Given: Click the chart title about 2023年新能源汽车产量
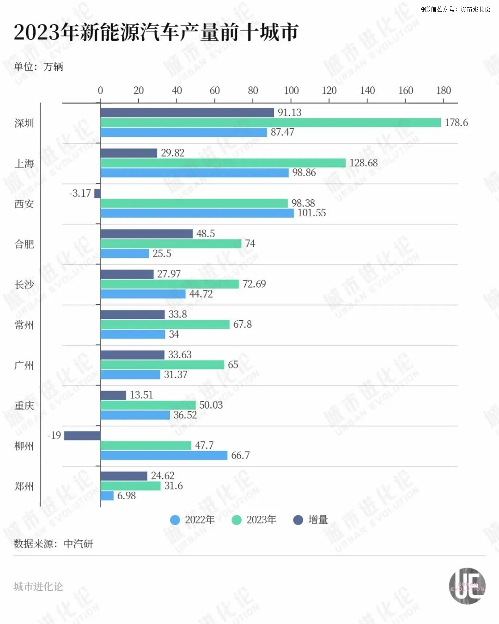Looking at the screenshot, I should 156,32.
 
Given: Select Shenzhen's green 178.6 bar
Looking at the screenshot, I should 270,122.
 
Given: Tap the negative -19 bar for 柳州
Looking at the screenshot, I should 82,435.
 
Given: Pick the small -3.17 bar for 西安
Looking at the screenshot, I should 97,193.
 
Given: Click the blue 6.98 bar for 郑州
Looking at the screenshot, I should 107,496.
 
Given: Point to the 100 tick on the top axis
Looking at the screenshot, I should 291,91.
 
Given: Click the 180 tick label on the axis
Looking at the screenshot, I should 444,91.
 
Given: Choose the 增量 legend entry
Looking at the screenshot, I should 311,520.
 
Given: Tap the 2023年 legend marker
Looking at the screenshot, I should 237,520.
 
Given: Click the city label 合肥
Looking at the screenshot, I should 24,244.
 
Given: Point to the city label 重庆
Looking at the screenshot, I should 24,405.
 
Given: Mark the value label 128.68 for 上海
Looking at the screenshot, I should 363,163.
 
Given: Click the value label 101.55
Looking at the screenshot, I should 311,213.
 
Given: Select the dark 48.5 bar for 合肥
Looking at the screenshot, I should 146,234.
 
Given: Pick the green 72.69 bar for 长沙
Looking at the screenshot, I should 170,284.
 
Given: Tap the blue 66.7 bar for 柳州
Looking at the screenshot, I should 164,455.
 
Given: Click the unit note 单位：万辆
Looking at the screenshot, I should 38,67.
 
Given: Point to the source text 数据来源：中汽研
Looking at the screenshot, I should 54,544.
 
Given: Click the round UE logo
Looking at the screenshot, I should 467,586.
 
